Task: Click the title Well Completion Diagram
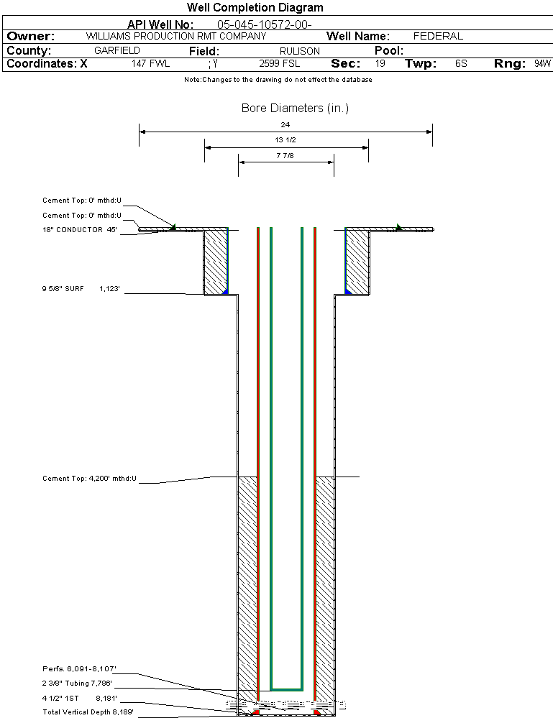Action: [255, 8]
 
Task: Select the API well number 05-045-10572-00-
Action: [264, 24]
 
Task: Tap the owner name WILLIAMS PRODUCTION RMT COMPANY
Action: [175, 36]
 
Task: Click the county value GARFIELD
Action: [117, 51]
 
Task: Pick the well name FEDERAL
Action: [438, 36]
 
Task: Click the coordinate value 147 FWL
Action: [150, 64]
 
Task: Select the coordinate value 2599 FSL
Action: [280, 64]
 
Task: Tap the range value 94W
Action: [542, 64]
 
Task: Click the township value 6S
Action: [461, 64]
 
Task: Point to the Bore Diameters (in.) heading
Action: [295, 109]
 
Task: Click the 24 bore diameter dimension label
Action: [285, 124]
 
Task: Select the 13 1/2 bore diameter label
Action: [285, 139]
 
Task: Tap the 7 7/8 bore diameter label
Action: [285, 155]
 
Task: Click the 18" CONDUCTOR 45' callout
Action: [79, 230]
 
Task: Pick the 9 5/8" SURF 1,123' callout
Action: [79, 289]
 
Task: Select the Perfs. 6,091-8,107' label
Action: [79, 669]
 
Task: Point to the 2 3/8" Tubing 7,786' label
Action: [77, 684]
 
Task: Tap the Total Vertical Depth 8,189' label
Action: [88, 712]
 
